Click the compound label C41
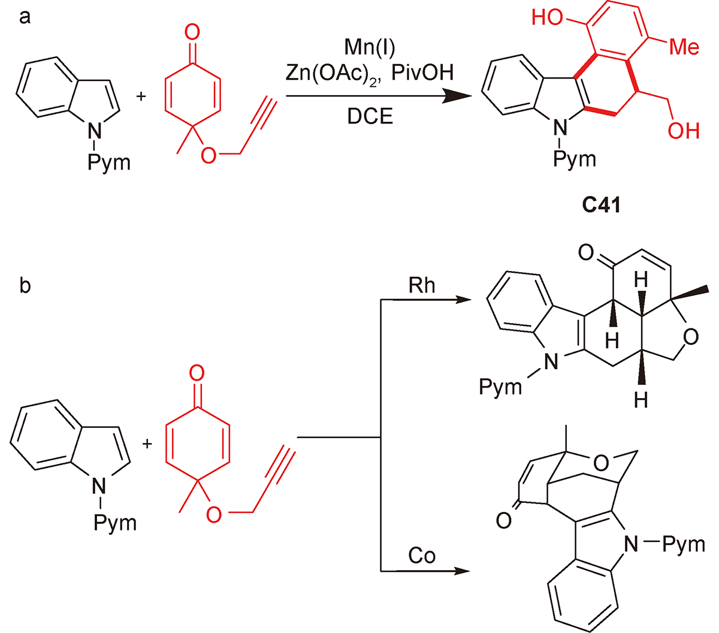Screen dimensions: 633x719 601,206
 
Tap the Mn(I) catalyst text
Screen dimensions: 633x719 370,46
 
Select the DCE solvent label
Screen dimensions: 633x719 370,116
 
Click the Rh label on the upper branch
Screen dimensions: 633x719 421,285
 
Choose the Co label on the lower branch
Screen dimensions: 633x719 421,556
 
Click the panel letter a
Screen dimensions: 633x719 25,17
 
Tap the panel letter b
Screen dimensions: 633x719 25,285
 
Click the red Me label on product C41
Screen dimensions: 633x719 684,46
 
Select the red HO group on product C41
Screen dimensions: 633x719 548,18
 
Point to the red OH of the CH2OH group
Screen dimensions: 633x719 684,130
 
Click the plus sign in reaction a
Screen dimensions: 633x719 141,95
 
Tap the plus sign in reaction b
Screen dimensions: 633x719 147,444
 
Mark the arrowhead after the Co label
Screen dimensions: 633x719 461,571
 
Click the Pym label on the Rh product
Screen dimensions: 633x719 500,387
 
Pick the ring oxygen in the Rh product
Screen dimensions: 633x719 690,337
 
